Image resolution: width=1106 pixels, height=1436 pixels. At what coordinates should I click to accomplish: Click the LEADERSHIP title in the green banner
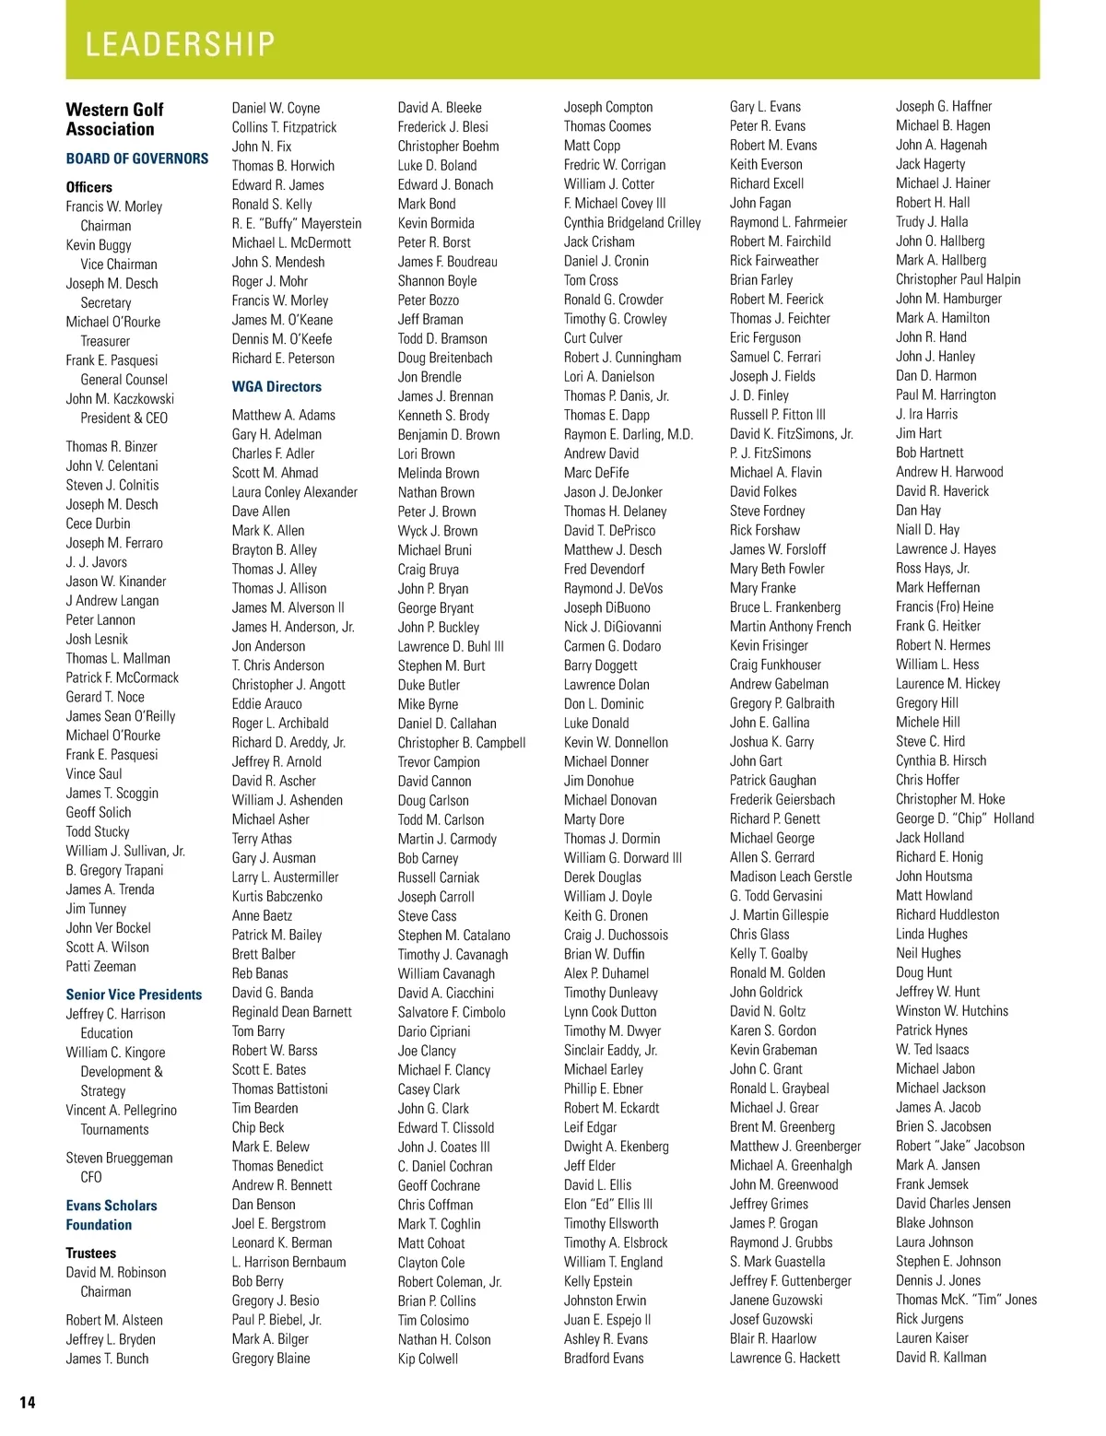181,43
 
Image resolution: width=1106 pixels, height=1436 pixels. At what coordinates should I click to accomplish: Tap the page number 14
28,1402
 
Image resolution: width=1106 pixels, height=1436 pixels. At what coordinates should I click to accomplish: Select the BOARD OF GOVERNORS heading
137,159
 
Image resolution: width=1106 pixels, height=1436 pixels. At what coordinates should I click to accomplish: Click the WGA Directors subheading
276,387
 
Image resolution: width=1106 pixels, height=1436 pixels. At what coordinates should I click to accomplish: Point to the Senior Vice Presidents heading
134,995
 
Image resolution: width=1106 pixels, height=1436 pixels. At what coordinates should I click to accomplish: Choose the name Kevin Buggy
99,245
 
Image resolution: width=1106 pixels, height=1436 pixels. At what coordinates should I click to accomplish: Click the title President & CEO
124,418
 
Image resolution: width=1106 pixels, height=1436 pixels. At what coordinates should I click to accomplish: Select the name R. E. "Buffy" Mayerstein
297,223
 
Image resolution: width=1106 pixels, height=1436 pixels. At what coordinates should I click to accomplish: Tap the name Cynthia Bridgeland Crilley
632,223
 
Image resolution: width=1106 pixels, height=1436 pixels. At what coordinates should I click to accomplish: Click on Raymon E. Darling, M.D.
629,434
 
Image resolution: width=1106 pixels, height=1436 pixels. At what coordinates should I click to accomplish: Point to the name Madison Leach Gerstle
791,877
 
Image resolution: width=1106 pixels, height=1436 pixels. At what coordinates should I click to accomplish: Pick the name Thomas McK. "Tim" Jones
966,1300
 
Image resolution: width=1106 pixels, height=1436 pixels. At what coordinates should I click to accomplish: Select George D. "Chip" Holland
965,818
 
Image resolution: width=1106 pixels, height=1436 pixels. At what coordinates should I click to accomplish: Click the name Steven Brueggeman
119,1158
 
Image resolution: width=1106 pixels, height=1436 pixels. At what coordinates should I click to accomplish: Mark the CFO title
91,1177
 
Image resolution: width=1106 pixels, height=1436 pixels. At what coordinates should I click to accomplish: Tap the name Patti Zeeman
100,966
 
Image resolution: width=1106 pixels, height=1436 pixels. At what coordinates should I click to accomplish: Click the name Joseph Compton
608,107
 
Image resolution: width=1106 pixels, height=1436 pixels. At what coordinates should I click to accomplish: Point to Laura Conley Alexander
295,492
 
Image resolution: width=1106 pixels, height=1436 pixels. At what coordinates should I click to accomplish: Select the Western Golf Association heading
114,120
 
